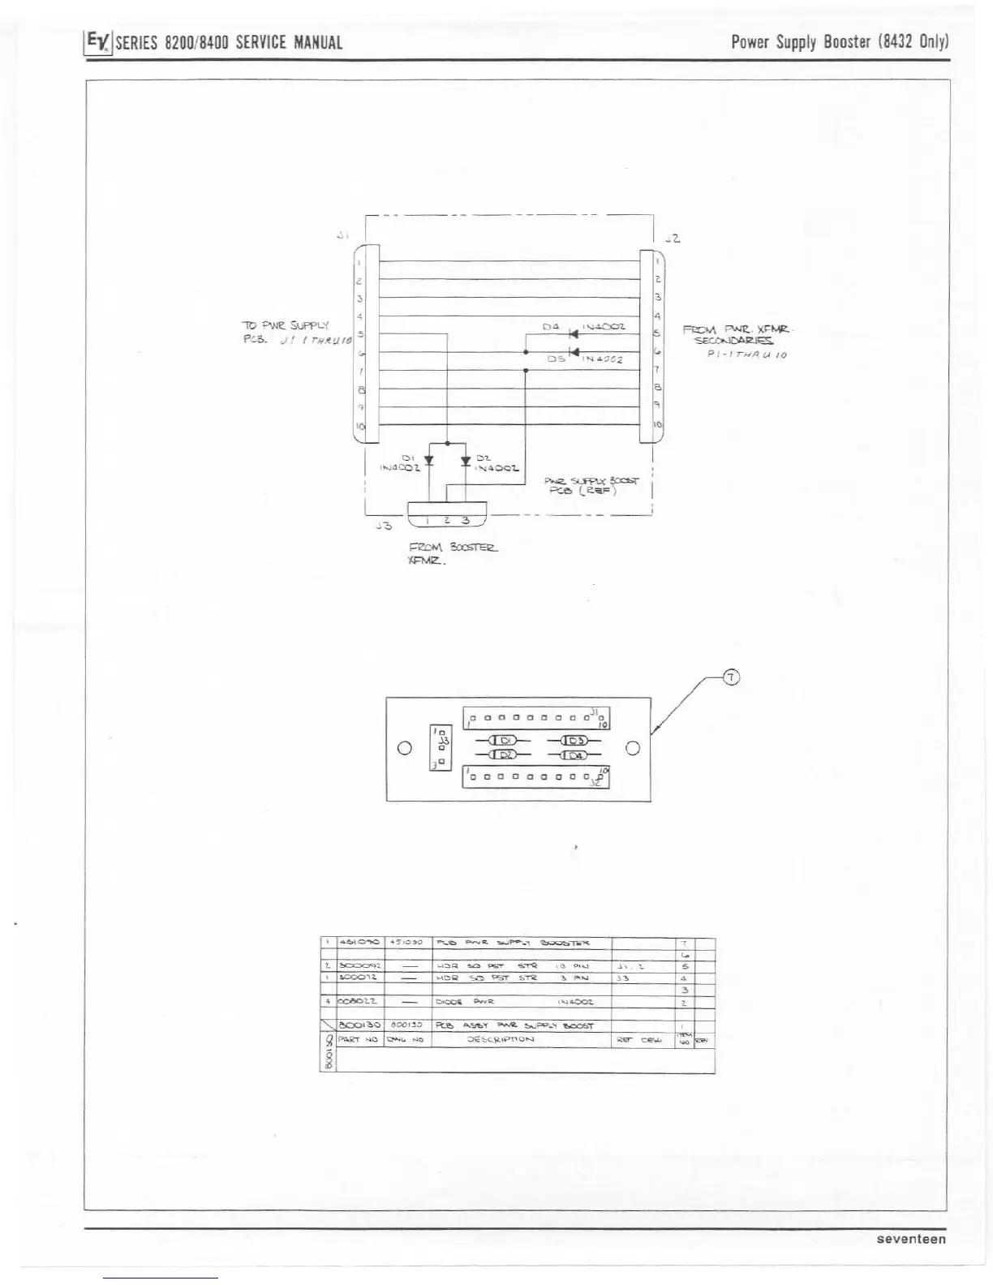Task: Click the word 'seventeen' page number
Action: coord(911,1239)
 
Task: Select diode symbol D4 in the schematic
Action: coord(574,333)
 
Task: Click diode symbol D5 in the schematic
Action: coord(574,351)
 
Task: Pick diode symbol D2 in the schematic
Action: coord(466,461)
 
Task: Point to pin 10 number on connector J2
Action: coord(658,424)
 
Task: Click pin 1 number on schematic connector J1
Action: coord(359,263)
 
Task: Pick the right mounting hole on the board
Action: coord(634,748)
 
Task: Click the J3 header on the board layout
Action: coord(441,747)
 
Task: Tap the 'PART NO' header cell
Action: coord(359,1039)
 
